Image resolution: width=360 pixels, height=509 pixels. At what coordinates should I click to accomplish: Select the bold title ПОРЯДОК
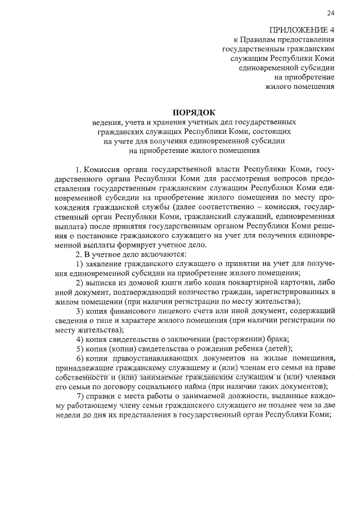coord(193,112)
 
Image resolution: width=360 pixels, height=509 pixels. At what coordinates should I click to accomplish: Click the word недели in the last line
coord(69,416)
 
